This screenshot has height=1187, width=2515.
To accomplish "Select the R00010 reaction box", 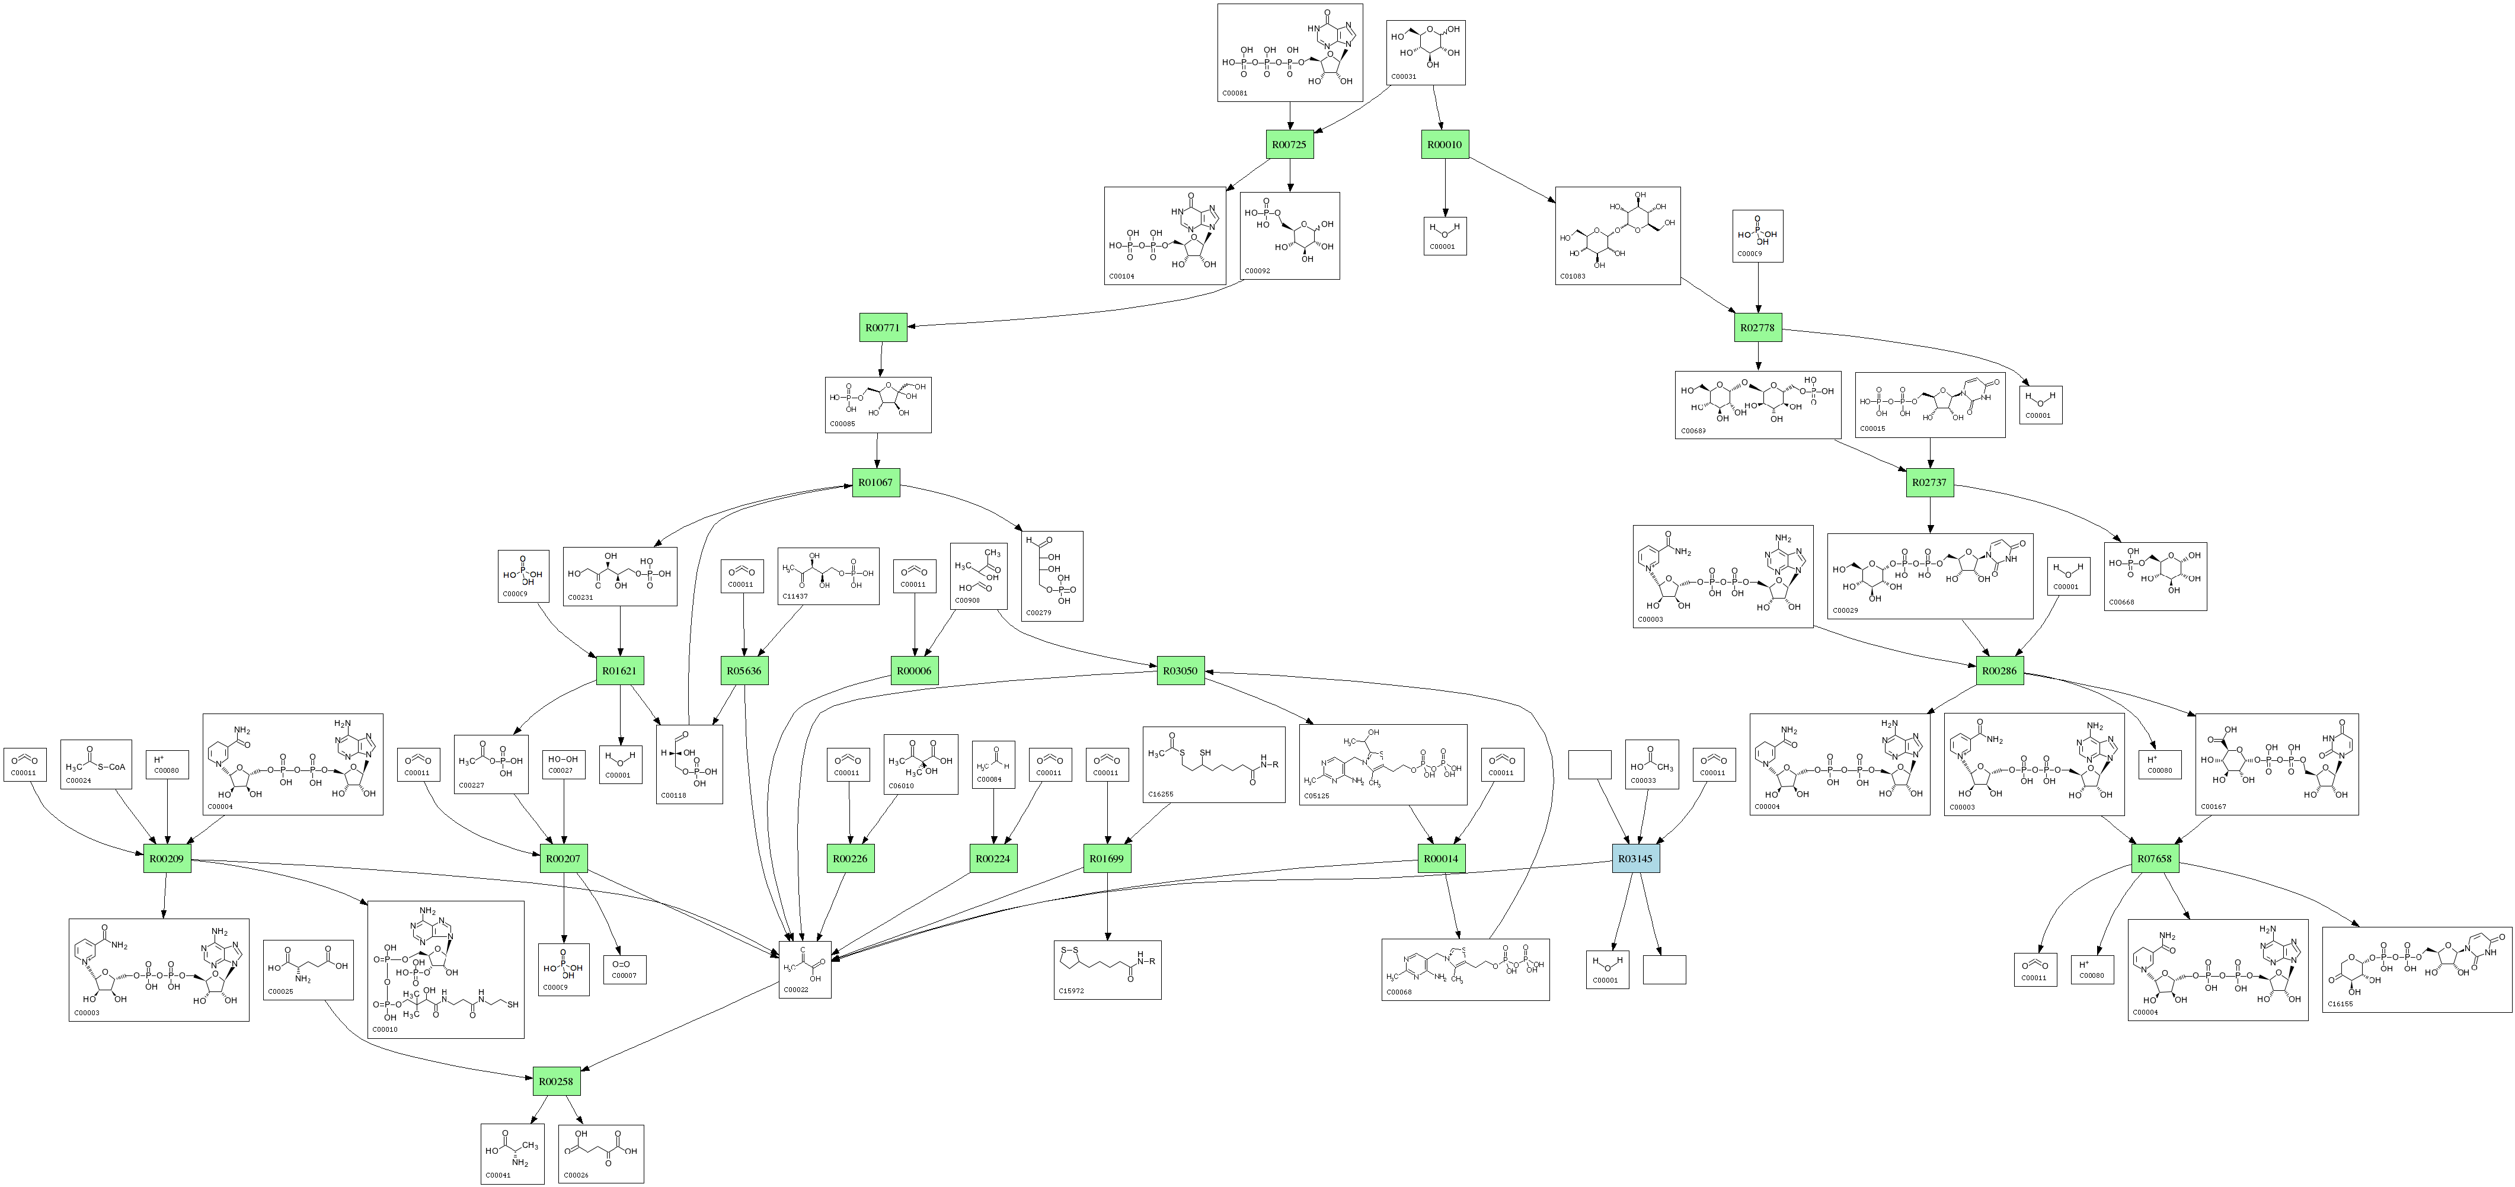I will [1445, 145].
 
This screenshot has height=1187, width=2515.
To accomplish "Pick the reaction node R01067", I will [875, 482].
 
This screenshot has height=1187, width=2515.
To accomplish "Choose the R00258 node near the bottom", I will [555, 1082].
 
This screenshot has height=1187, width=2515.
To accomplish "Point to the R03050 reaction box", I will [1180, 671].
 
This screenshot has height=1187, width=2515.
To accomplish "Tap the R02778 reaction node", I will [1758, 328].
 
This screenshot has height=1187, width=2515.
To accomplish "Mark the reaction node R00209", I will [167, 859].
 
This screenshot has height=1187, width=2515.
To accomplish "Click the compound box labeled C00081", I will [1290, 53].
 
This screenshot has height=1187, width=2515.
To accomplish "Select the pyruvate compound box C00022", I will [806, 970].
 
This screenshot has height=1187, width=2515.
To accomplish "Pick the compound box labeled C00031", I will [1426, 53].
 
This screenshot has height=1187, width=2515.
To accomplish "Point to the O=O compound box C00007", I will [624, 970].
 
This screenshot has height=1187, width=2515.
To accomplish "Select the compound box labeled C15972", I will [1107, 970].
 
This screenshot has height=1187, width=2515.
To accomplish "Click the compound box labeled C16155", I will [2417, 970].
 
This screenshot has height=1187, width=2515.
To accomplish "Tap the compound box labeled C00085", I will [878, 404].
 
